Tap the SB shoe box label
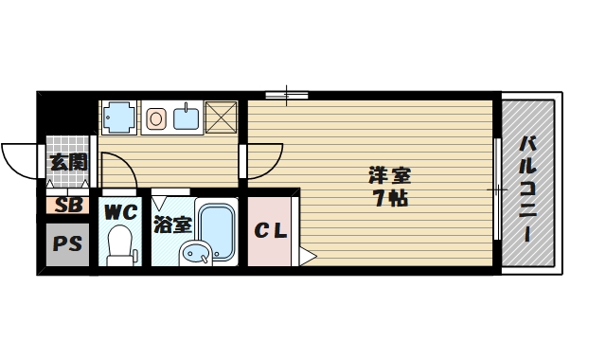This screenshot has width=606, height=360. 66,205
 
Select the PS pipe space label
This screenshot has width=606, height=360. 66,243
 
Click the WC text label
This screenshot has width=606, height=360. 120,211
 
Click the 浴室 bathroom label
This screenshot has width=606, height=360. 173,225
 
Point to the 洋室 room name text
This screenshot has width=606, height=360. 389,176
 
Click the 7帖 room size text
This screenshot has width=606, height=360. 389,200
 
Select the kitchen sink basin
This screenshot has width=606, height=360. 186,117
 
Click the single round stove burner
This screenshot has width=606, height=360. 157,118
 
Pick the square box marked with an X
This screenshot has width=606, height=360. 223,117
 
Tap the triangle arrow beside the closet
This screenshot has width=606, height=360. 307,254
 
